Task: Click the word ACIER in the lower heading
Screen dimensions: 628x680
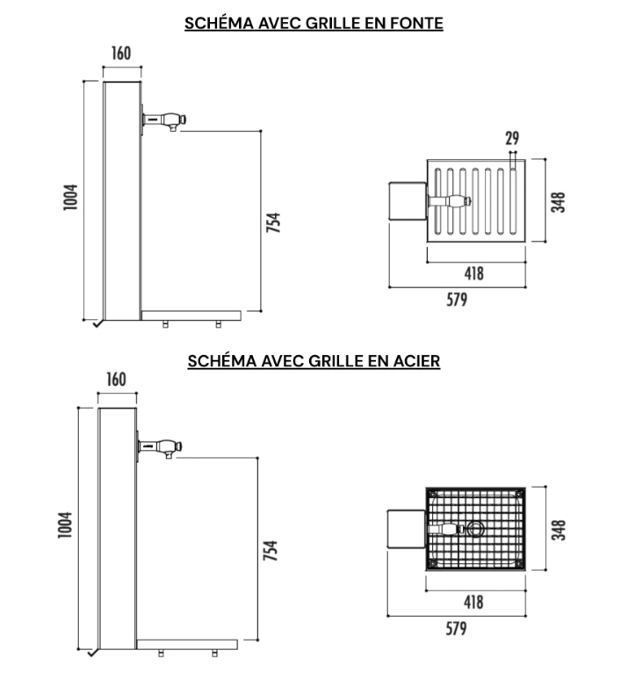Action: [416, 361]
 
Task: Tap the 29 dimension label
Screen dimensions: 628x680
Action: [512, 138]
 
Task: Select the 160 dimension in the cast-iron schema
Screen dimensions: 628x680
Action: [121, 54]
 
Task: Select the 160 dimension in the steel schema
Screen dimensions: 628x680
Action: [116, 380]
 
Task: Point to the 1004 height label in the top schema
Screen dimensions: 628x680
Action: [70, 198]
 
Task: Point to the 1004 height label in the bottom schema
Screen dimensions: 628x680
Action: [65, 525]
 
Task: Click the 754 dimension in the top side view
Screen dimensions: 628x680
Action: [273, 222]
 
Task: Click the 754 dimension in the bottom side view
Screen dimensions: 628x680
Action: [271, 550]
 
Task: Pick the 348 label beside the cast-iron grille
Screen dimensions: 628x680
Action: [559, 202]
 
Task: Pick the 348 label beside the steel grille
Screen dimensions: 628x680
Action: [559, 530]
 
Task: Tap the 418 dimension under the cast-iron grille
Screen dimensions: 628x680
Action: [474, 273]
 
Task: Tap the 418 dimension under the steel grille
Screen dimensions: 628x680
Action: [473, 602]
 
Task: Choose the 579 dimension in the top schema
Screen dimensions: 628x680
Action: [457, 300]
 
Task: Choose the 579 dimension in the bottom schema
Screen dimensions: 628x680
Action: [456, 628]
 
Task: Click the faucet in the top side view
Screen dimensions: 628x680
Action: [164, 120]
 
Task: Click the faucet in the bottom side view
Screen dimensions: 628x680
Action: [160, 448]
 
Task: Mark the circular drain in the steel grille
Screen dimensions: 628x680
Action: [475, 529]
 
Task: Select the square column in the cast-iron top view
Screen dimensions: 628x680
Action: [408, 201]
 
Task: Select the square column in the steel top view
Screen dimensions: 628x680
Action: [406, 529]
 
